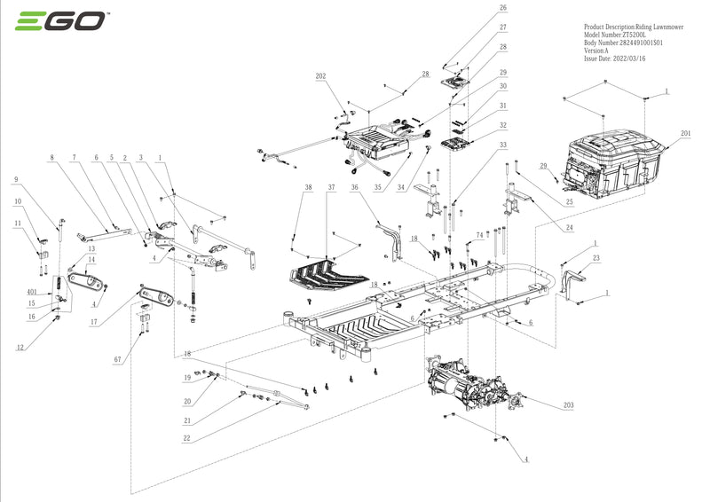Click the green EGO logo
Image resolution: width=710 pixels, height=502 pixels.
59,21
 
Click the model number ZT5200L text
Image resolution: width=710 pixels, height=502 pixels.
621,34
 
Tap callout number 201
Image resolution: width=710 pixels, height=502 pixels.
686,134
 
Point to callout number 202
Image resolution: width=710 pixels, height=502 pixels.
320,77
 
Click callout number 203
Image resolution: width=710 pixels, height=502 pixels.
568,405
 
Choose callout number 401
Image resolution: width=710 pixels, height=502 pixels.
31,292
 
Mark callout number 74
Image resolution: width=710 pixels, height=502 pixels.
479,235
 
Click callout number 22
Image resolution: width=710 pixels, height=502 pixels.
187,438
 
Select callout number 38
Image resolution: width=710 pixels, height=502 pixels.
308,188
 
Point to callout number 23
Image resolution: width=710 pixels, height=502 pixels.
596,258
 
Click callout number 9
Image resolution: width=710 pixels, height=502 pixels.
15,180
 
